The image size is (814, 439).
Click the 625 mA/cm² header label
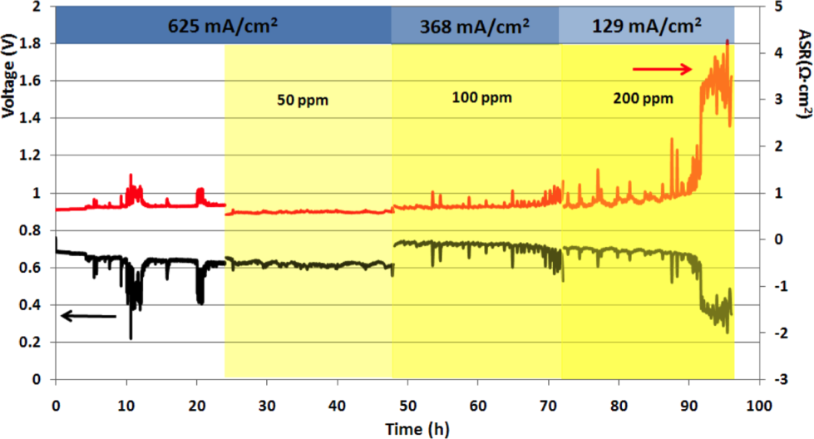[x=224, y=25]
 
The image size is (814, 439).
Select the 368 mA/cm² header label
[x=475, y=25]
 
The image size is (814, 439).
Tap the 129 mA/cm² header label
[x=646, y=25]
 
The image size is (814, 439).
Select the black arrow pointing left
[x=87, y=315]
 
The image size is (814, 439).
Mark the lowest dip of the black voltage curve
[x=131, y=338]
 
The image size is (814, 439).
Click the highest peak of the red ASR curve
[x=728, y=40]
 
